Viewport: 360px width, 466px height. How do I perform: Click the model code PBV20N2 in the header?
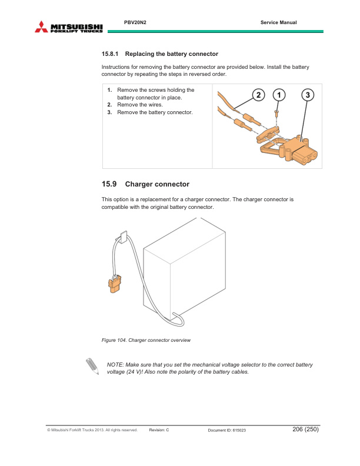click(x=135, y=22)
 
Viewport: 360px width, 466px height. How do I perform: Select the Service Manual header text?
click(x=278, y=22)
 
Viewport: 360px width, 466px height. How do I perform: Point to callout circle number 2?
click(x=257, y=95)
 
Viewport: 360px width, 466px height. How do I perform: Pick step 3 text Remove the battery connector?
click(x=155, y=112)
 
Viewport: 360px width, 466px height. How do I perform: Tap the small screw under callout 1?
click(x=276, y=112)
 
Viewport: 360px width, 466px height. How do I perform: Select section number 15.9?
click(x=110, y=184)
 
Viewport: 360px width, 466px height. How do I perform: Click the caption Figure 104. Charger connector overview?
click(x=146, y=341)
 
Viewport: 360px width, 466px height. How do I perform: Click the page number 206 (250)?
click(x=305, y=430)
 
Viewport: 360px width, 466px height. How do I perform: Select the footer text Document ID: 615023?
click(x=227, y=431)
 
